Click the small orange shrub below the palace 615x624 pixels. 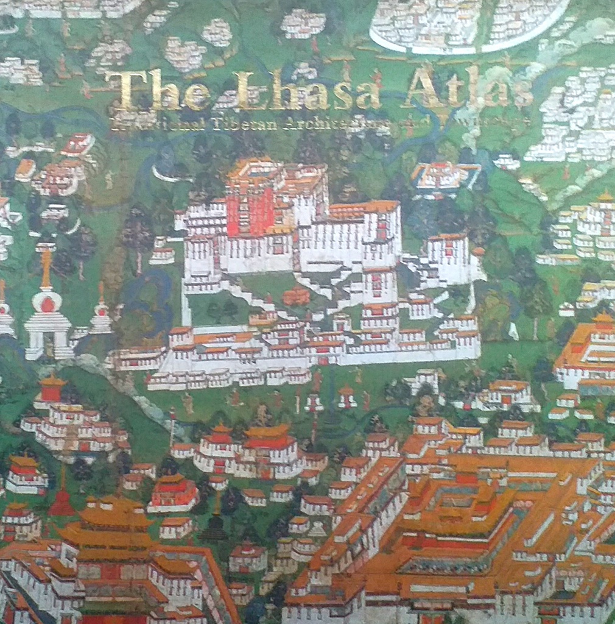click(x=296, y=297)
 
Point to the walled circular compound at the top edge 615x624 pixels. click(x=469, y=24)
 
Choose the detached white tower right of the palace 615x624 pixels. click(x=448, y=256)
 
